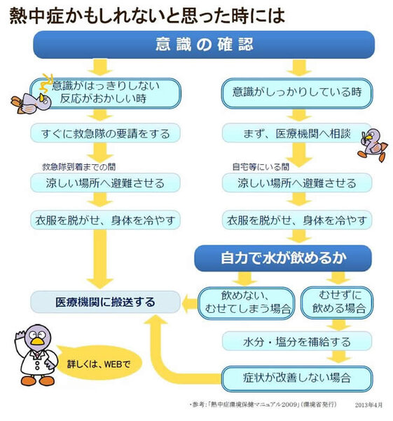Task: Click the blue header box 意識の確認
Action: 204,45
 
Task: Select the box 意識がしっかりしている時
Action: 297,93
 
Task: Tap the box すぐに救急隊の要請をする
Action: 105,133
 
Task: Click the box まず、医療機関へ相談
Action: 297,133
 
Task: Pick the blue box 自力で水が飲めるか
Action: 283,258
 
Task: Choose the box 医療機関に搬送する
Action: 105,302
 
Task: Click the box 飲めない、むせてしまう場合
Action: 247,303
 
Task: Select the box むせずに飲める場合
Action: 337,302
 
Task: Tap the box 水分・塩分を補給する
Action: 297,342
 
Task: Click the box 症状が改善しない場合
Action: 297,379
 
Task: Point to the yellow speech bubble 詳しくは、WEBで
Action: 98,363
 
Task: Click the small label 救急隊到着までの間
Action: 79,167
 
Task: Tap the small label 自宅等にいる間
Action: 261,167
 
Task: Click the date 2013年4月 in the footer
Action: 368,405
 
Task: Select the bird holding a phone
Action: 373,145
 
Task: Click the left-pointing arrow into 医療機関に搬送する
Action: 190,303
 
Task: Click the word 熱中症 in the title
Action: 36,15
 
